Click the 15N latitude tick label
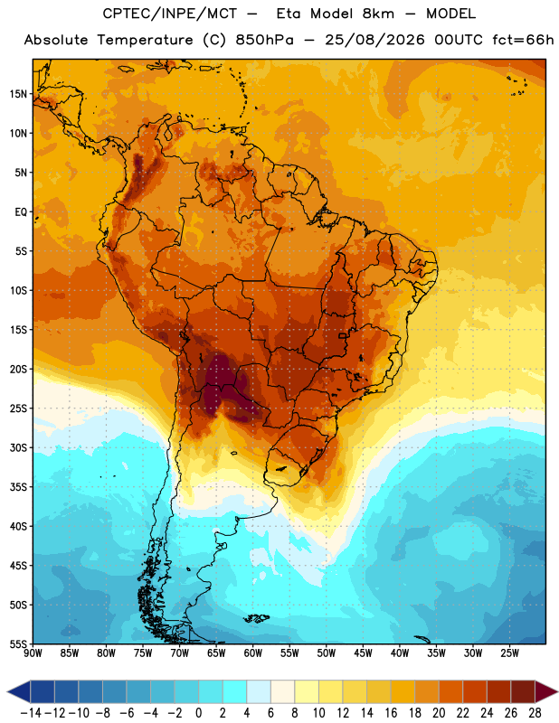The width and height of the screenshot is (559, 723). (x=17, y=94)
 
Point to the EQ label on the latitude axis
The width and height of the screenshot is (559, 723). (x=21, y=212)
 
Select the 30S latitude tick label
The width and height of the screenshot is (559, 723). (x=18, y=447)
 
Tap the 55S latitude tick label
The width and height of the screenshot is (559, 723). (x=18, y=644)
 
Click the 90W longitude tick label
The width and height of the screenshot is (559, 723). (x=33, y=653)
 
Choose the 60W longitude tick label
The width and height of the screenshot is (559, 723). (x=253, y=653)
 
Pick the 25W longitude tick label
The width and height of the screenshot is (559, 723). (x=510, y=653)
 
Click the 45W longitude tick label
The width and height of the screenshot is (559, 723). (x=364, y=653)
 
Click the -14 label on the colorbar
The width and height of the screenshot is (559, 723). (x=31, y=713)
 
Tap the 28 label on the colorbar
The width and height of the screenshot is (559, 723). (x=535, y=713)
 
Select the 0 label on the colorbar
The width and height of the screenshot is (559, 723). (x=198, y=713)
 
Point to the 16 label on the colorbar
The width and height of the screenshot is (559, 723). (x=391, y=713)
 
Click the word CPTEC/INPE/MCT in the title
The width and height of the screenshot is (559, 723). (x=170, y=14)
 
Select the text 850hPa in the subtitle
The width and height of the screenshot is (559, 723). (x=264, y=40)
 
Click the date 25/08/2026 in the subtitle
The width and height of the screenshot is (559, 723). (x=374, y=40)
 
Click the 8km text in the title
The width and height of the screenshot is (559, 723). (x=378, y=14)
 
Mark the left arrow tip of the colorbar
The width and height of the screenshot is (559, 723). (x=7, y=692)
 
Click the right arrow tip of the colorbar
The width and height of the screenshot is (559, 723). (x=558, y=692)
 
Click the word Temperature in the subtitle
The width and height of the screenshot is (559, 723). (x=145, y=41)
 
